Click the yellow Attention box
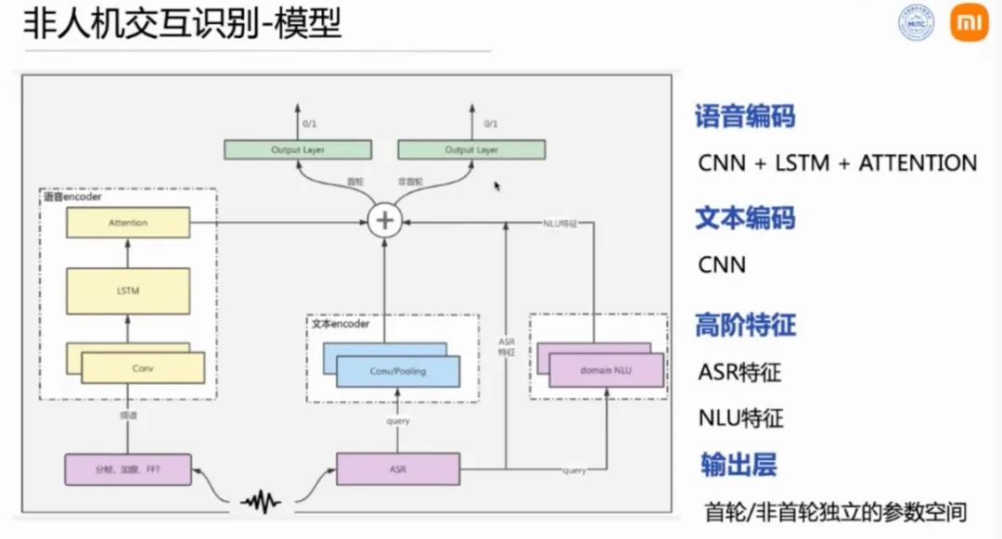point(128,223)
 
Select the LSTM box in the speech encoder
point(128,291)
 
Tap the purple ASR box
point(397,469)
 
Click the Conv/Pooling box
point(398,371)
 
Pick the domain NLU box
point(607,370)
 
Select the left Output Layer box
point(298,149)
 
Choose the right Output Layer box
point(471,149)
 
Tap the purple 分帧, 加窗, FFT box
point(128,469)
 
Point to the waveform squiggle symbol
point(261,502)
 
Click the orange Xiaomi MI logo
point(969,23)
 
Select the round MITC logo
point(916,23)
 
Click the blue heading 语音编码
point(745,116)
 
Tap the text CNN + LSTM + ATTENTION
point(838,163)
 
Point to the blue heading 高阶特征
point(745,326)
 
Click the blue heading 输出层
point(738,465)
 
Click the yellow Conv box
point(143,368)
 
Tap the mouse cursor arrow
point(497,186)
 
